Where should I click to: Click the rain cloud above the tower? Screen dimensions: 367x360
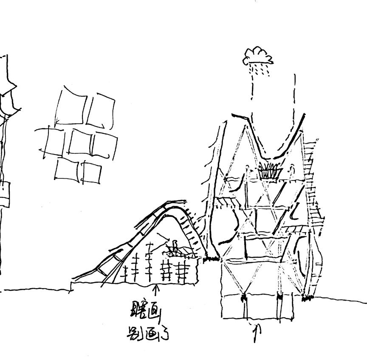click(x=258, y=56)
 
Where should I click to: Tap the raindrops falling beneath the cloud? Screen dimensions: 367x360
click(x=259, y=70)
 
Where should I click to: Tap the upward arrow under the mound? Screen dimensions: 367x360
click(x=156, y=290)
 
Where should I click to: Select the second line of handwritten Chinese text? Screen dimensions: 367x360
click(x=147, y=335)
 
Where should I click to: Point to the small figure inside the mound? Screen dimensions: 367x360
click(x=174, y=248)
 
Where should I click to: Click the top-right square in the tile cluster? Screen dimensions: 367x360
click(x=102, y=110)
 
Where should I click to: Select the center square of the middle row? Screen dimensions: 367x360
click(x=81, y=142)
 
